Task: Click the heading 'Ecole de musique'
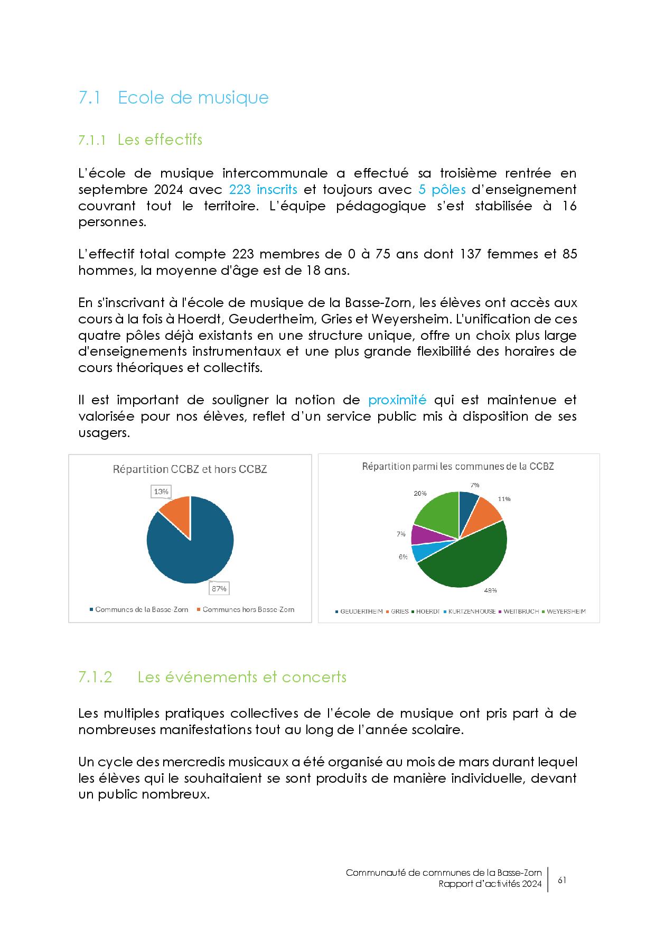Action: [193, 98]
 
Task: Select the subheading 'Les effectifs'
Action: [160, 140]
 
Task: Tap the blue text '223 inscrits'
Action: [263, 190]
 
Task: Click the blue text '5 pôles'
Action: [442, 190]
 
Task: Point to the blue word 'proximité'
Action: [397, 400]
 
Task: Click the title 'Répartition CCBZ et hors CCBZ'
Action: [190, 469]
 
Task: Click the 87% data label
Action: [219, 588]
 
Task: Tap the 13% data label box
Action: [161, 492]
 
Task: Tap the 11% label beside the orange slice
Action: [504, 499]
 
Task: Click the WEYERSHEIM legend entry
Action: [566, 611]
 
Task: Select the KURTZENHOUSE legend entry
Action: [471, 611]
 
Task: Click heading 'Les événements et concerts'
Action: [242, 677]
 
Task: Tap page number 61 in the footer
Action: [562, 880]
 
